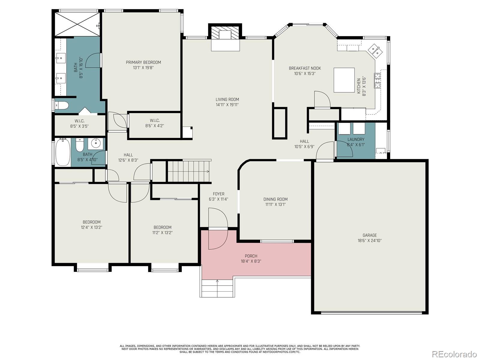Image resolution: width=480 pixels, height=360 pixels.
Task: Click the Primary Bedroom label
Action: pos(143,62)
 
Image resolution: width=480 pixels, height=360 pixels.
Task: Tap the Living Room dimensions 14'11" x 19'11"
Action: pos(227,105)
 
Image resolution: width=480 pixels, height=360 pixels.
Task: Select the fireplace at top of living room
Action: pos(225,37)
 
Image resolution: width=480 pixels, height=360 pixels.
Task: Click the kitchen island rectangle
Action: pos(344,80)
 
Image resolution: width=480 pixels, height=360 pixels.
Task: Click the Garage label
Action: pos(370,235)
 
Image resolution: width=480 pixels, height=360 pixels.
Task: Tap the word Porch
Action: pos(251,256)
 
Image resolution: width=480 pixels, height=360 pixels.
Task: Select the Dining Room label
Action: pos(275,199)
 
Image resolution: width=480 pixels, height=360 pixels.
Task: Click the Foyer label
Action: pos(218,194)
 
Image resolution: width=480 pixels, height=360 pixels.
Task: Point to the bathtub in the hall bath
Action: pos(63,152)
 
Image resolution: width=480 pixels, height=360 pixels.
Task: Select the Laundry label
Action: pos(356,139)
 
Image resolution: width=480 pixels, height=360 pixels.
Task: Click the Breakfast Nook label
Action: pos(305,68)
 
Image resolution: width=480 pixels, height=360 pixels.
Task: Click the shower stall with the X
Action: pos(77,24)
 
